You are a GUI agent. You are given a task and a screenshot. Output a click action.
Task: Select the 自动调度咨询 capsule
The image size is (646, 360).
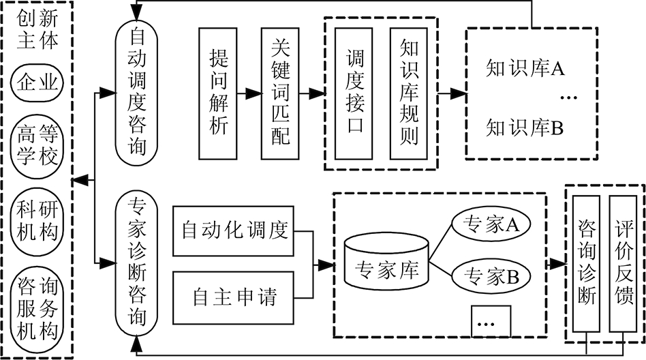point(138,92)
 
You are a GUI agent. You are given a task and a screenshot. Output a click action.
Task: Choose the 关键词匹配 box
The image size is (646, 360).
point(279,91)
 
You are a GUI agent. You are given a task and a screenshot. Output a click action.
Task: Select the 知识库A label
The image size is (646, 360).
point(525,68)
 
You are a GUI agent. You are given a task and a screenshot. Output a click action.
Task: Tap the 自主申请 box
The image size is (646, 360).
point(234,297)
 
